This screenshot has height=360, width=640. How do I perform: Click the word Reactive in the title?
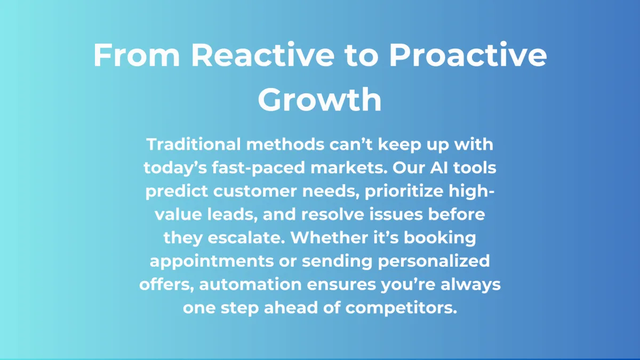click(x=263, y=54)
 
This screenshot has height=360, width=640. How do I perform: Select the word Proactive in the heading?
click(x=468, y=54)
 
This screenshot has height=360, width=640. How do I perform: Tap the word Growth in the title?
click(x=319, y=99)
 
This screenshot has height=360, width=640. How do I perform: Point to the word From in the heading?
click(x=137, y=54)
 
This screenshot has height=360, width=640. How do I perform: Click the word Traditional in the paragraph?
click(x=194, y=144)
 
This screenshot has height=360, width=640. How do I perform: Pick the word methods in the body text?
click(x=285, y=144)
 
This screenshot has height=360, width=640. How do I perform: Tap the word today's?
click(x=175, y=167)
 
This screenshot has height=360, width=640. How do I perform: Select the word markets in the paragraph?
click(x=349, y=167)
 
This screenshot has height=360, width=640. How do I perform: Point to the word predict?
click(x=177, y=191)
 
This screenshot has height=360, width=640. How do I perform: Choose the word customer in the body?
click(x=255, y=191)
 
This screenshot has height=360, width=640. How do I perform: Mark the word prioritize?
click(x=404, y=191)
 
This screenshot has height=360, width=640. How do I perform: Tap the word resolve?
click(x=333, y=214)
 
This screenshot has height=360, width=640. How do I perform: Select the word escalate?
click(x=246, y=238)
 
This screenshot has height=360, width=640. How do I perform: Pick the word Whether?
click(x=330, y=237)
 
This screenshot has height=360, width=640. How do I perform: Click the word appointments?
click(x=212, y=261)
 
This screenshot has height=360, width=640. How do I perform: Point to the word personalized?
click(x=434, y=261)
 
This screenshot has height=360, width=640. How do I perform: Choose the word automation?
click(x=250, y=285)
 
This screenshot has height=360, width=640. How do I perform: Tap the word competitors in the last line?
click(x=401, y=308)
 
